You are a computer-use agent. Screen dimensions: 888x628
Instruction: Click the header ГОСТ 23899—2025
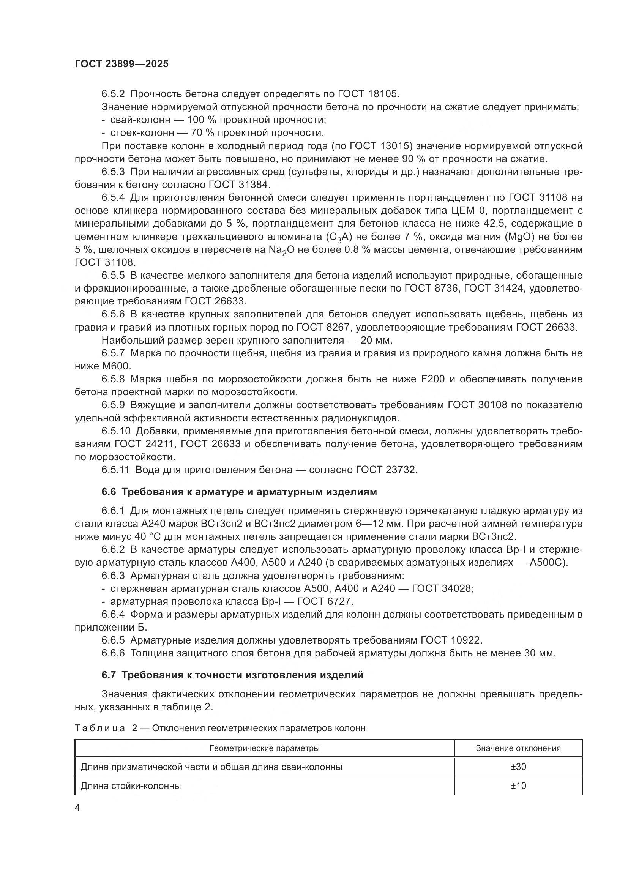click(122, 64)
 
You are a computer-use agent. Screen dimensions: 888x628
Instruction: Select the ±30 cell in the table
click(518, 767)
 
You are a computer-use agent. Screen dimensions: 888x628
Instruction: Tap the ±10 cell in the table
click(518, 785)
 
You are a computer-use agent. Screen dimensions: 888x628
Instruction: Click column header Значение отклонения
click(518, 748)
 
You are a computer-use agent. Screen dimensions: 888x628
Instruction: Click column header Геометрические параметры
click(265, 748)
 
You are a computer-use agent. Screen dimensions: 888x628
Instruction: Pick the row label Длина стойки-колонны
click(131, 785)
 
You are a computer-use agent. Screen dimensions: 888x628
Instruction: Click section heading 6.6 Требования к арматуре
click(239, 492)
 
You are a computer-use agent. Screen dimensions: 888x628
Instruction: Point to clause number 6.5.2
click(113, 94)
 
